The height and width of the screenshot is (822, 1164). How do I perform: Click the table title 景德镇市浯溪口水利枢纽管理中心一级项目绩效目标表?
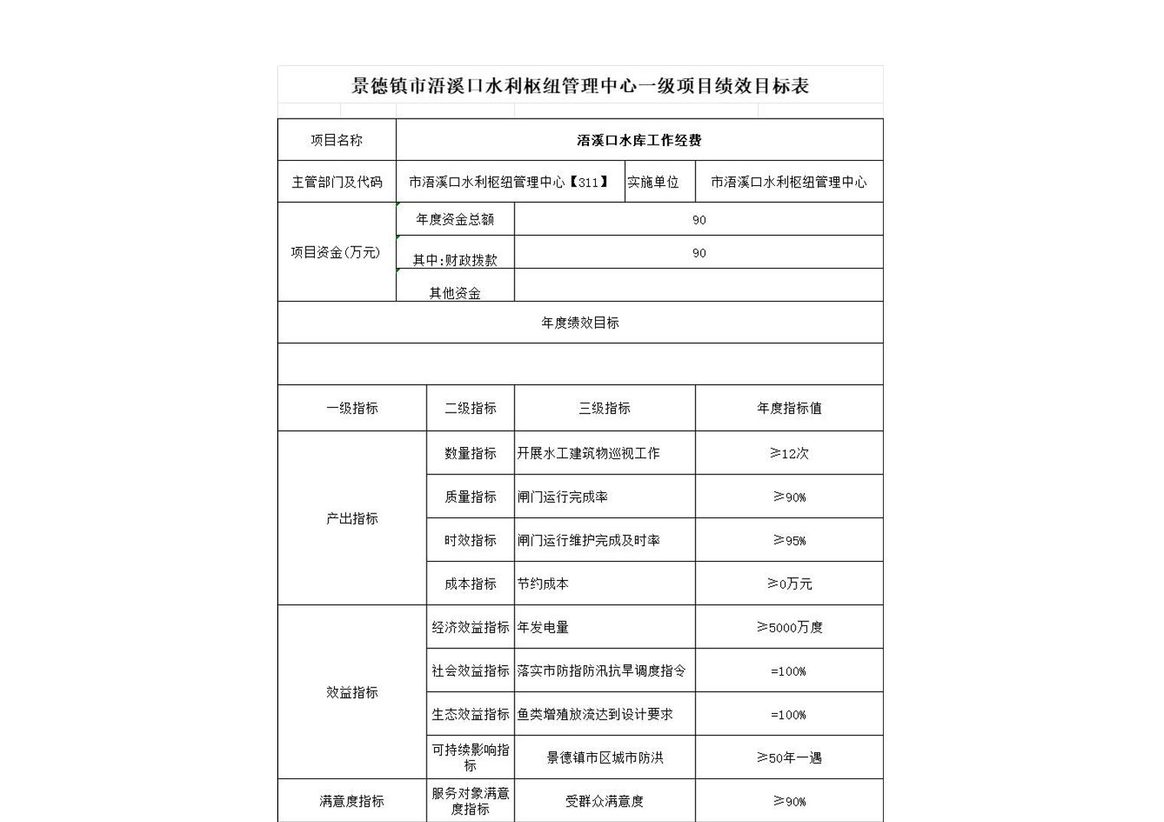coord(580,86)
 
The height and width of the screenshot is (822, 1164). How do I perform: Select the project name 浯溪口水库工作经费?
coord(639,140)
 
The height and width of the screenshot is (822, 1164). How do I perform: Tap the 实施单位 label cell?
coord(653,182)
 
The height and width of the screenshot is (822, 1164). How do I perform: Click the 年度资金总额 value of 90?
coord(698,220)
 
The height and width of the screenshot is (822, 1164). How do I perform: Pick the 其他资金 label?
coord(455,292)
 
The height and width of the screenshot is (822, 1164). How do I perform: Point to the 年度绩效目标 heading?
coord(580,322)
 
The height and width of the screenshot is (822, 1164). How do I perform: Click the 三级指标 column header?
coord(604,408)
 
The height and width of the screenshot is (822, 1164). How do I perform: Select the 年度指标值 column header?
coord(789,408)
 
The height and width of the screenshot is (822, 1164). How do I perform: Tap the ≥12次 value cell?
coord(789,453)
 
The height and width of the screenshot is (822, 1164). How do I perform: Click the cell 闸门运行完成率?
coord(563,497)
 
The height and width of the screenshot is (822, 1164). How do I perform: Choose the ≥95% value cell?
coord(789,540)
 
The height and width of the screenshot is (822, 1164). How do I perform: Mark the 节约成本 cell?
coord(543,584)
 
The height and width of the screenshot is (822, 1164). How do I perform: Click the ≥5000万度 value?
coord(789,627)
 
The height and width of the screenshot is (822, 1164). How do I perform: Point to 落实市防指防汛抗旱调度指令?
coord(601,670)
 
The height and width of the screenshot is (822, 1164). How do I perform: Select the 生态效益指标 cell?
coord(470,714)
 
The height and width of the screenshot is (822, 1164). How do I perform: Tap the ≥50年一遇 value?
coord(789,758)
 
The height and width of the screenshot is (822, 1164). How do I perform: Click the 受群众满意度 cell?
coord(604,801)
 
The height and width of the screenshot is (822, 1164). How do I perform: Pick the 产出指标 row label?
coord(351,518)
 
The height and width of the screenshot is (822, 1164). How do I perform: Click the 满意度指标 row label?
coord(351,801)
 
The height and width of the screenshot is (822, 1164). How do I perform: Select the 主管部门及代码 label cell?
coord(336,182)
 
